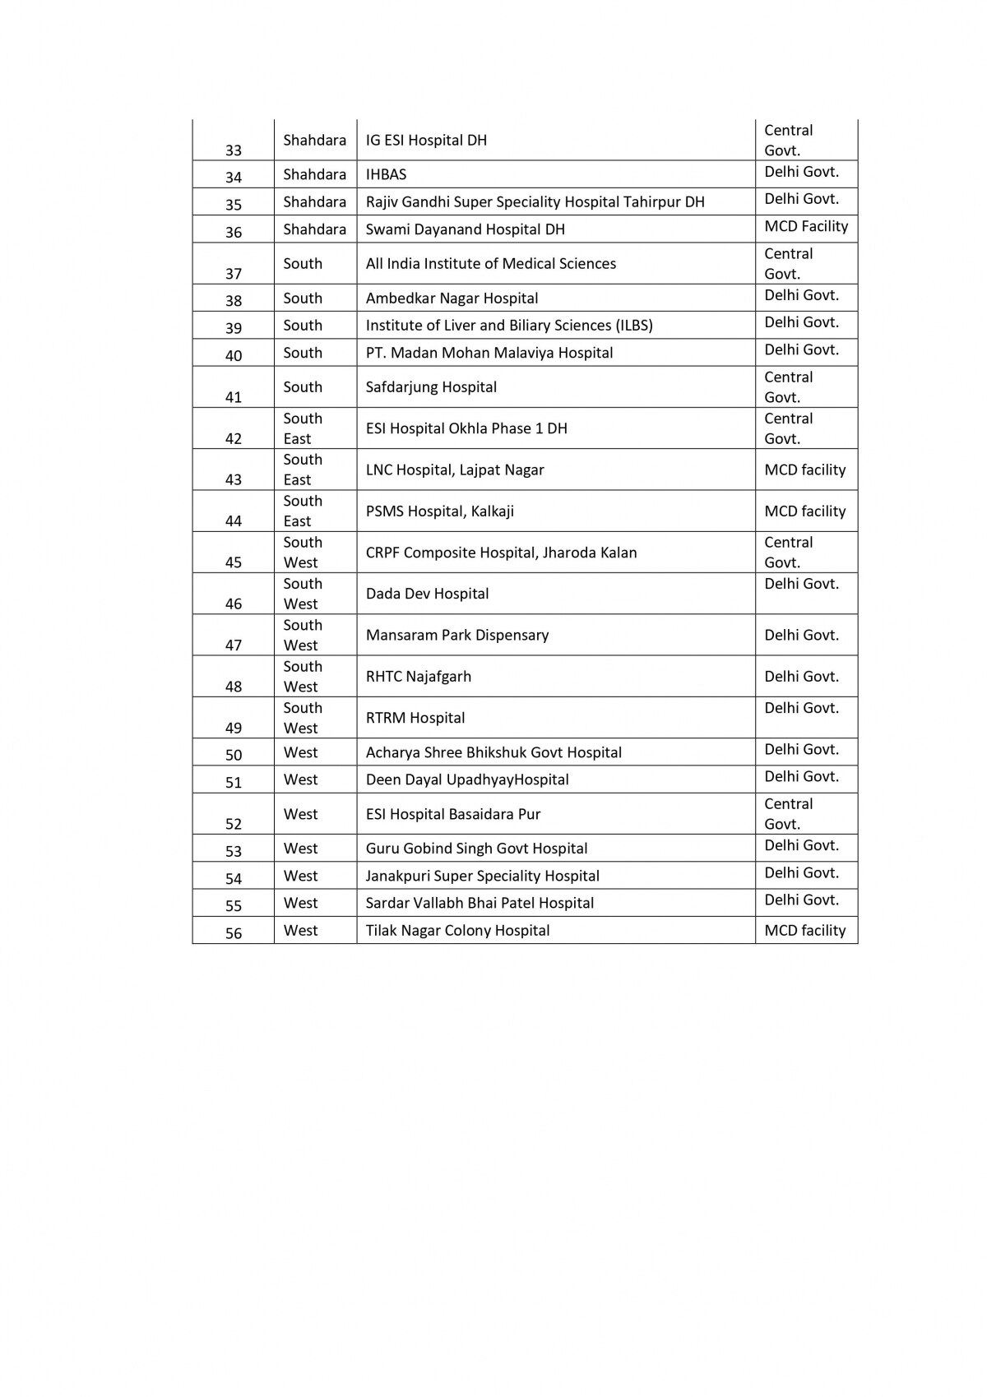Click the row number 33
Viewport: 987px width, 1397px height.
click(234, 150)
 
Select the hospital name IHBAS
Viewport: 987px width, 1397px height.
click(386, 174)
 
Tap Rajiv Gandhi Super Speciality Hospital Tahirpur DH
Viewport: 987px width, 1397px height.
click(535, 201)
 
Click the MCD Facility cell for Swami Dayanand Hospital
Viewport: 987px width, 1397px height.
click(805, 226)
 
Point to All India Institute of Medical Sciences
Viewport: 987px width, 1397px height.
click(490, 263)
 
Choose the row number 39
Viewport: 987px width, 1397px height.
click(234, 328)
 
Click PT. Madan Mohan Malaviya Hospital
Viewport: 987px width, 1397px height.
click(489, 353)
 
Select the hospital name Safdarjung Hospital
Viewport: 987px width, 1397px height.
click(431, 386)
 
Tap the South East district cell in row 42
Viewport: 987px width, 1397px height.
click(302, 428)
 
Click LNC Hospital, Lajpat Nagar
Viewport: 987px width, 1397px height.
click(455, 470)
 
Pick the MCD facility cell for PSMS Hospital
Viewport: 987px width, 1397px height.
click(804, 511)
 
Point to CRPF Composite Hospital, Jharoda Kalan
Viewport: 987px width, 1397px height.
click(501, 553)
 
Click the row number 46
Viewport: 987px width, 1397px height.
click(234, 604)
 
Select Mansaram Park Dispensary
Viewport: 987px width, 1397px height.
click(456, 635)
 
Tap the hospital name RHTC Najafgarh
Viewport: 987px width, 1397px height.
click(419, 677)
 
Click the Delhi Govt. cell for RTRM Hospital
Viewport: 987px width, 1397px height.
click(801, 708)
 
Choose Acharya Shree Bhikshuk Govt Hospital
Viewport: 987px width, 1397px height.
click(493, 752)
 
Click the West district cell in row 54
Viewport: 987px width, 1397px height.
click(300, 876)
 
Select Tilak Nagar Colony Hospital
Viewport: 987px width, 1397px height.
click(457, 930)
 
